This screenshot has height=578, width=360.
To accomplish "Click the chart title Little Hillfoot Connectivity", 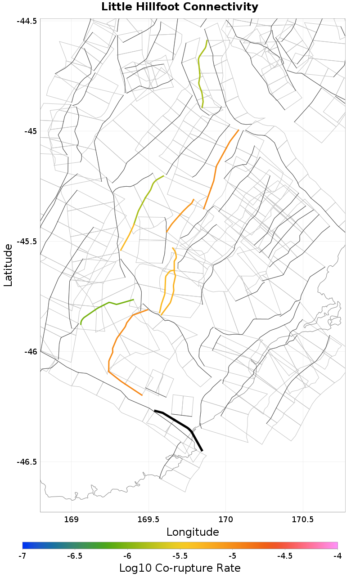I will click(x=180, y=7).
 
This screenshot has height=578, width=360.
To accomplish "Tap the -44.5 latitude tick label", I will click(x=27, y=21).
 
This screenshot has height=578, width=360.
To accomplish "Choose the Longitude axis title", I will click(x=193, y=532).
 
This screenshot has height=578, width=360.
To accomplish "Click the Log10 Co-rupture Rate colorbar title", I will click(x=180, y=568).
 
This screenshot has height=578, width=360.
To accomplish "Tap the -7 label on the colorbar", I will click(x=22, y=556).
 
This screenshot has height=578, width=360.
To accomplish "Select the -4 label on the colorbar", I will click(x=337, y=556).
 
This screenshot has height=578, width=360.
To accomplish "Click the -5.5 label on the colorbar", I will click(x=180, y=556).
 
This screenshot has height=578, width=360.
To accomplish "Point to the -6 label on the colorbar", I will click(x=127, y=556).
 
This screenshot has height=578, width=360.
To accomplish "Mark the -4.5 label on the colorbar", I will click(x=285, y=556).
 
